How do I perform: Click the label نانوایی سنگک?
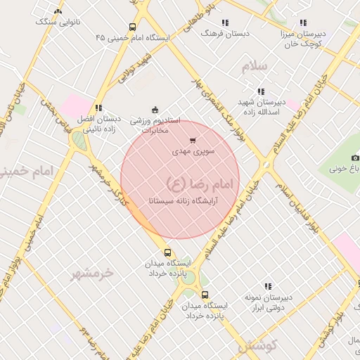coord(58,22)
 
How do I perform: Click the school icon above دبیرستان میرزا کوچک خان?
coord(303,22)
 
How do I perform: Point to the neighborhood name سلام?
coord(255,66)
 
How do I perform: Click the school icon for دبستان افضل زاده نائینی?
coord(98,108)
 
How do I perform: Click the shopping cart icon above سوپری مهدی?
coord(193,141)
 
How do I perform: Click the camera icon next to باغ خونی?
coord(355,157)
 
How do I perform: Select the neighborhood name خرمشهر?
coord(91,274)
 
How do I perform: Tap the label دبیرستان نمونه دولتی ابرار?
coord(268,301)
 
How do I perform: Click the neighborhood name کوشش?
coord(257,345)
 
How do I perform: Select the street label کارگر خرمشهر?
coord(110,187)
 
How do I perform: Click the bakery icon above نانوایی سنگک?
coord(58,11)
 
